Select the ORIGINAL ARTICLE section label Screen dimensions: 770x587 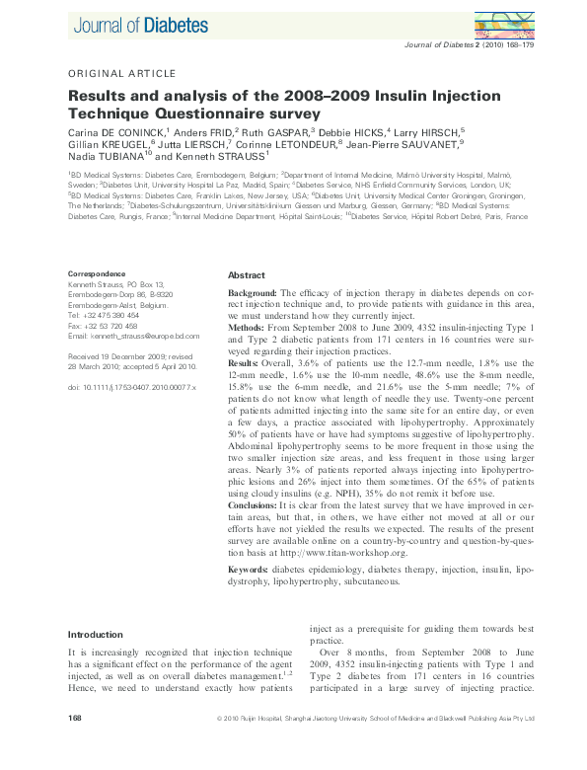[121, 73]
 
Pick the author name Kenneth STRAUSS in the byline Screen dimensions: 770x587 [215, 156]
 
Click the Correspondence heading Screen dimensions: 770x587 [97, 273]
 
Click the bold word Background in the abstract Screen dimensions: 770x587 [253, 294]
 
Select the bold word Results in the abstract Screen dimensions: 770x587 [247, 363]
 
